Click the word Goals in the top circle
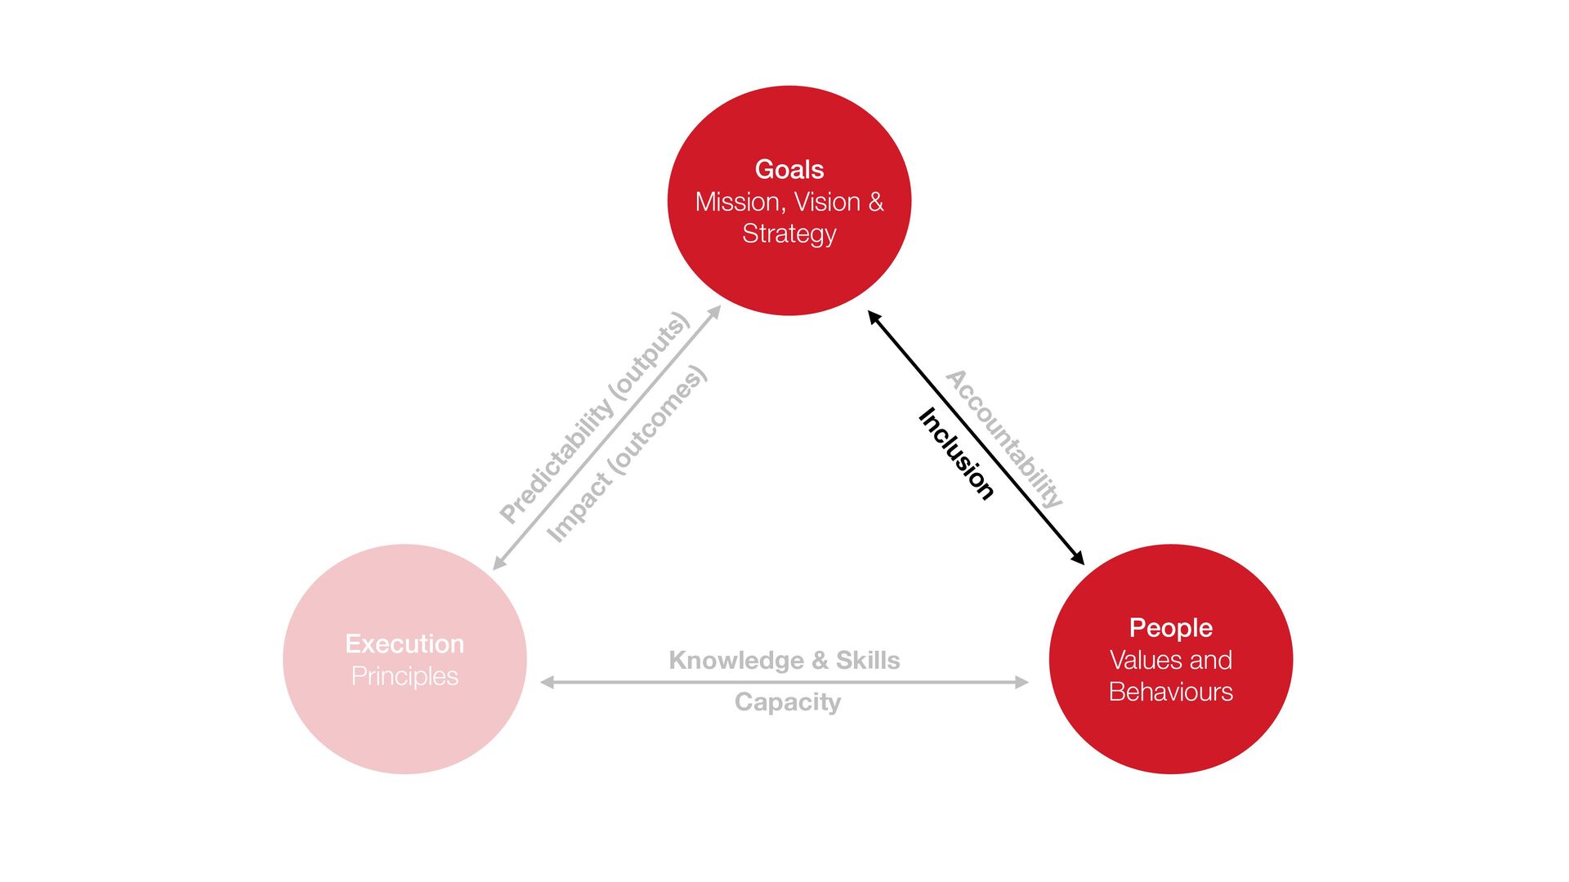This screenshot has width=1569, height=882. (789, 169)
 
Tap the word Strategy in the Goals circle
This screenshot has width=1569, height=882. (789, 234)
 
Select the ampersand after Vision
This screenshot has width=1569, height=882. (876, 202)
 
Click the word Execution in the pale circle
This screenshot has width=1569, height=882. (405, 644)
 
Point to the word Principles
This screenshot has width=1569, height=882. (405, 676)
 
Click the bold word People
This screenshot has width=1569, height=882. (1170, 627)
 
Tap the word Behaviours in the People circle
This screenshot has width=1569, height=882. (1170, 692)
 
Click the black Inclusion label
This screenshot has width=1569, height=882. (956, 453)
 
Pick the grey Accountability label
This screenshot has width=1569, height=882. (1004, 439)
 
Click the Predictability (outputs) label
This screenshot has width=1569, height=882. (595, 417)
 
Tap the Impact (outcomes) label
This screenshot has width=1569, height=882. (627, 454)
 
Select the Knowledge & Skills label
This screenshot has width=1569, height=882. (784, 660)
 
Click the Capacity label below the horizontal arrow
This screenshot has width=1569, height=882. (788, 702)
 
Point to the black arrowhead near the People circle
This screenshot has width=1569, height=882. (1079, 559)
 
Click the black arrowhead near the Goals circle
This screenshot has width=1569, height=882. (874, 317)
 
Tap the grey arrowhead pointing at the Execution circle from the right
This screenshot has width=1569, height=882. (547, 682)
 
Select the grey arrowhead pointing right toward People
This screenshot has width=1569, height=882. (1021, 682)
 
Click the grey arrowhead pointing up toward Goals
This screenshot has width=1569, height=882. (715, 311)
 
